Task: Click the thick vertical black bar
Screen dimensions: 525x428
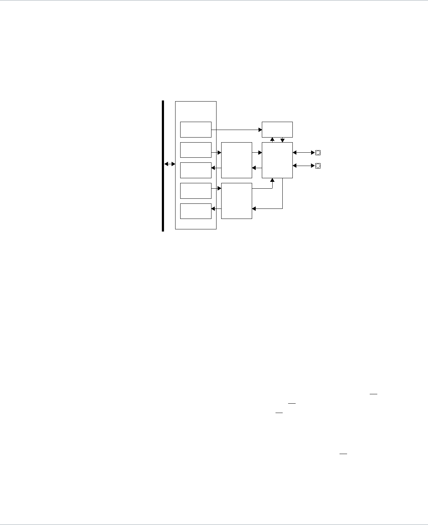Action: [x=163, y=166]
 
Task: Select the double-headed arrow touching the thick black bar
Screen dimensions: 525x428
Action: [x=169, y=164]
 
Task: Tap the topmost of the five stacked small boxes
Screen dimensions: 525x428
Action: [x=196, y=130]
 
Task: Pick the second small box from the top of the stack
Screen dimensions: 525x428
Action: [x=196, y=150]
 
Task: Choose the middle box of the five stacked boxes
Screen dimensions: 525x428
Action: [x=196, y=170]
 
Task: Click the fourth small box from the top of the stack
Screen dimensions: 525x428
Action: [x=196, y=190]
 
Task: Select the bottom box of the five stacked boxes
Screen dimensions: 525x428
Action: [x=196, y=211]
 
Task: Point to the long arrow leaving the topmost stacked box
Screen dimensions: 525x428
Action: [x=237, y=130]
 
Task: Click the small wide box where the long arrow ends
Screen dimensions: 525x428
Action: [x=277, y=130]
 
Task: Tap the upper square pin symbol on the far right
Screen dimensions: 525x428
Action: [x=318, y=153]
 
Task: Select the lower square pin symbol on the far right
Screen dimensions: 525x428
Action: [x=318, y=166]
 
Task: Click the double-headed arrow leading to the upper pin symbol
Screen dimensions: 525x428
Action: [x=304, y=153]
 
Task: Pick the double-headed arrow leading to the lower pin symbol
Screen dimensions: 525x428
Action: [x=304, y=166]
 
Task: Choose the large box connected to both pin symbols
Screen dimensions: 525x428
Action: [x=277, y=160]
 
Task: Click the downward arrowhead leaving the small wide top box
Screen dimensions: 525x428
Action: [x=282, y=140]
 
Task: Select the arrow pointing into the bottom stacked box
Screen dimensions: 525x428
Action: [x=216, y=208]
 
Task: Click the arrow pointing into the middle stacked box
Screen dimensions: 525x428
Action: [x=216, y=168]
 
